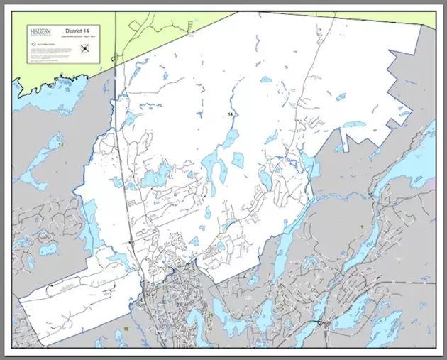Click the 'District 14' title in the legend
coord(76,30)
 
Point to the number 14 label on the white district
coord(230,114)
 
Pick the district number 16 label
coord(126,329)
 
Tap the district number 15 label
coord(210,315)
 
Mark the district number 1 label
coord(361,225)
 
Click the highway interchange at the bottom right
coord(322,324)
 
